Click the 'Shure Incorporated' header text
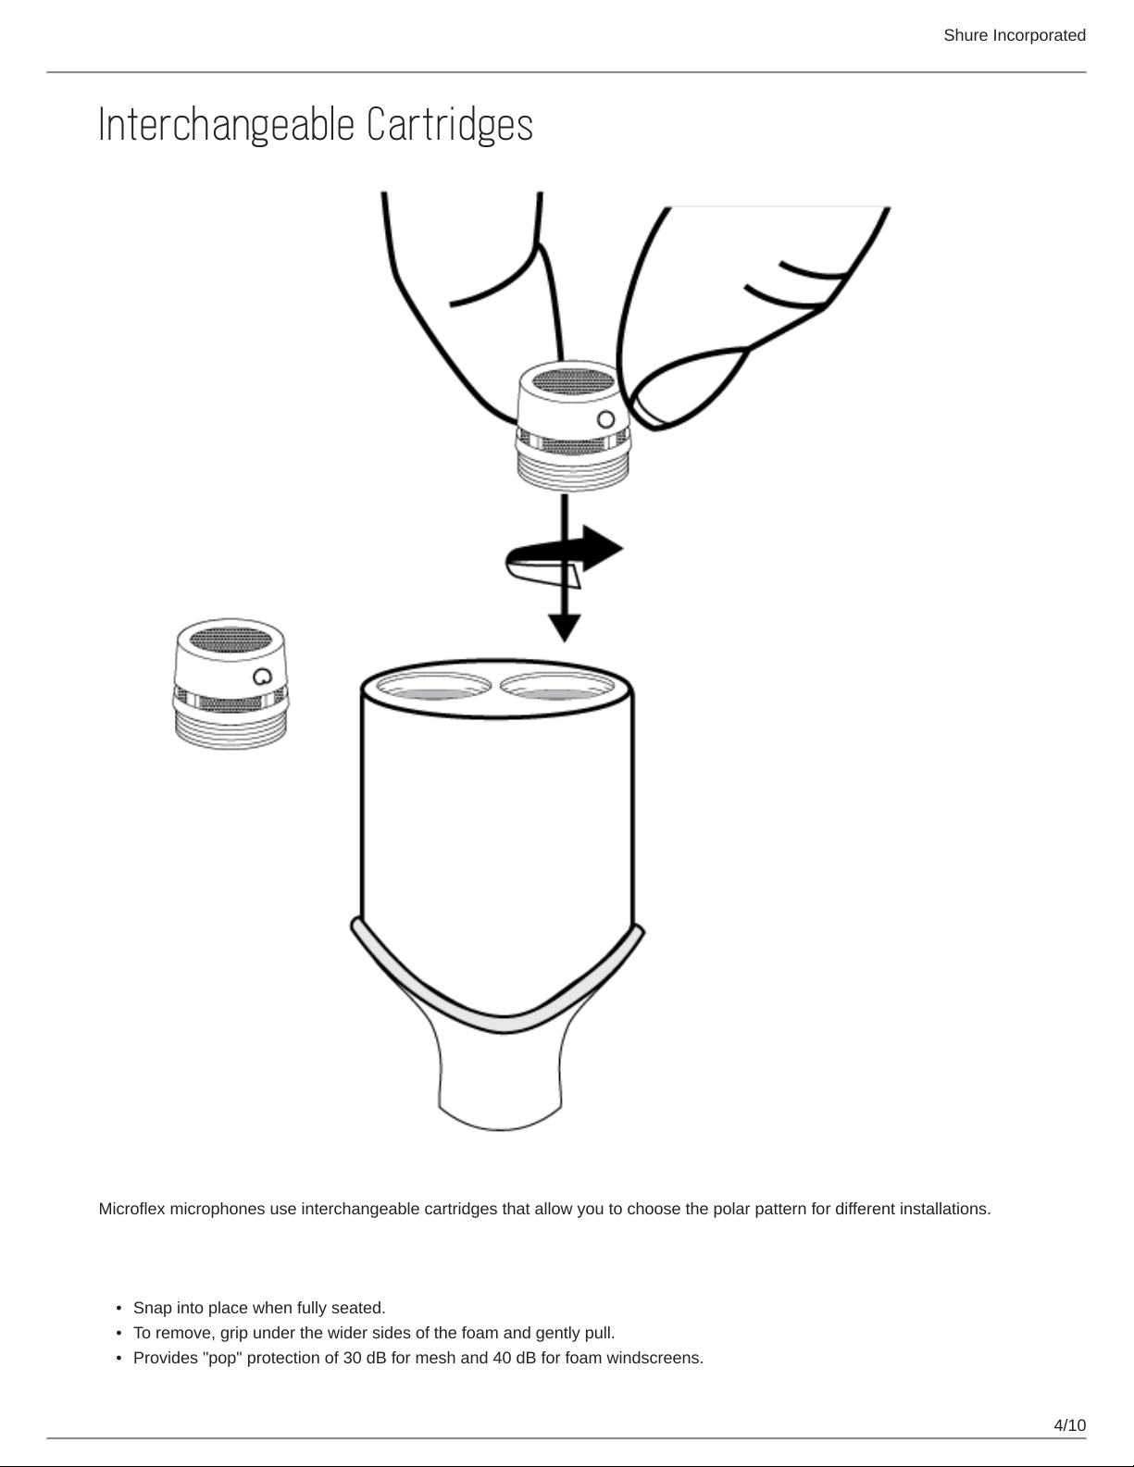tap(1015, 35)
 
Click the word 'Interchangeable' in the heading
tap(227, 125)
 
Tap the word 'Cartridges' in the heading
tap(450, 125)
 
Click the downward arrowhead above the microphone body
tap(565, 628)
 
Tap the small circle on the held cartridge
tap(606, 420)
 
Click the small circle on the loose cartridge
tap(263, 677)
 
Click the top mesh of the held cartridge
tap(573, 380)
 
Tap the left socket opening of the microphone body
tap(433, 687)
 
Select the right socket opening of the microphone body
tap(557, 687)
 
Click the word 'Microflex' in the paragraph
tap(131, 1209)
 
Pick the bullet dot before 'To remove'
tap(118, 1334)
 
